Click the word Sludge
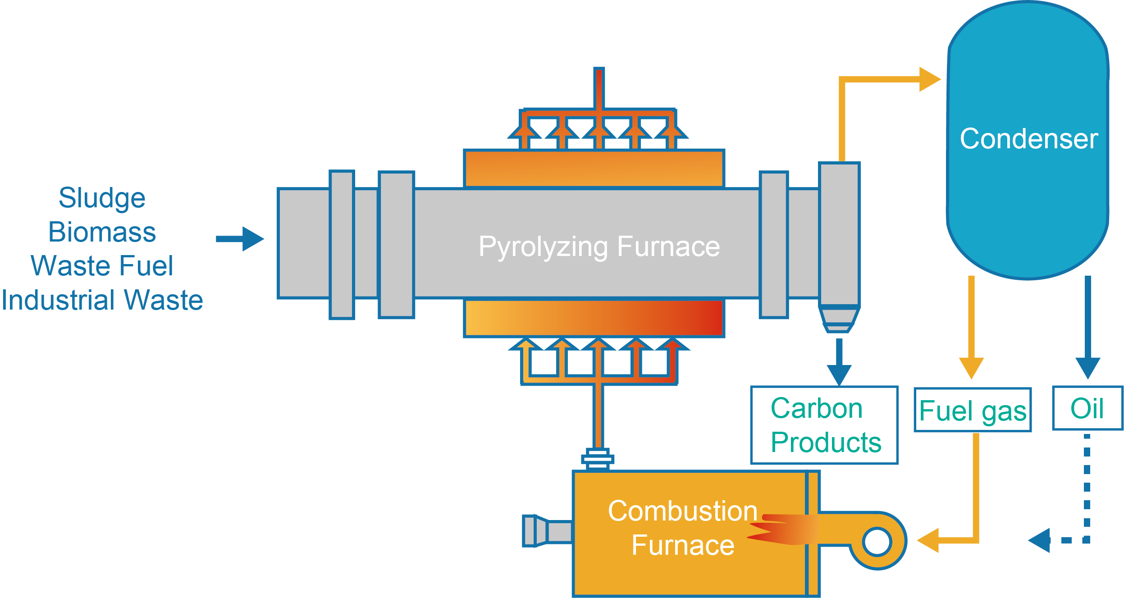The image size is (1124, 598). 102,198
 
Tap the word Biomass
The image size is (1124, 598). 102,232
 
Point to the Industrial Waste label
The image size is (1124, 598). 102,300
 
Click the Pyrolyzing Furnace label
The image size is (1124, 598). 599,247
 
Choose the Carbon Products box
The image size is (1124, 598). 824,425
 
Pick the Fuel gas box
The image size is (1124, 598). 973,410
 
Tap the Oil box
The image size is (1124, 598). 1087,408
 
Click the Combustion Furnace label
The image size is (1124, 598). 683,528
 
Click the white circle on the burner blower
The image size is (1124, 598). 877,542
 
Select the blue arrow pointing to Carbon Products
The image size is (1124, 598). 839,363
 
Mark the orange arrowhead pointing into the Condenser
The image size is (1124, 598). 929,79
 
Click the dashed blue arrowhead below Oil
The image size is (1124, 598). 1040,540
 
